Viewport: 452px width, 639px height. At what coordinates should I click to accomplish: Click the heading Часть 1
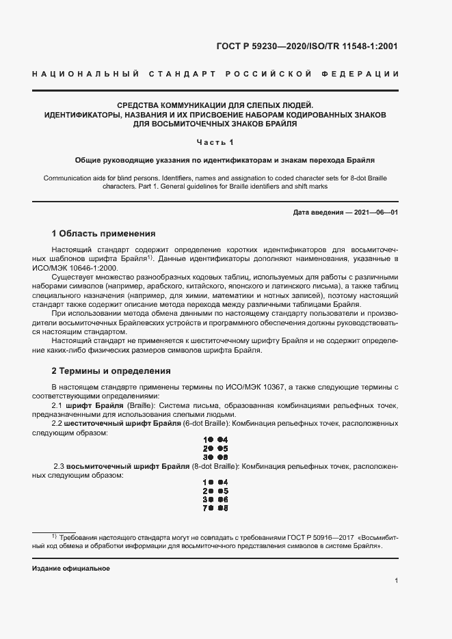pyautogui.click(x=215, y=142)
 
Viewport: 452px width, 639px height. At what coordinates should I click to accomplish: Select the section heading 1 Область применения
pyautogui.click(x=104, y=233)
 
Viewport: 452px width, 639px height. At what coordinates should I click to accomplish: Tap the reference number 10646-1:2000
pyautogui.click(x=96, y=268)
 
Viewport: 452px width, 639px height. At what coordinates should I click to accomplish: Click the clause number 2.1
pyautogui.click(x=57, y=405)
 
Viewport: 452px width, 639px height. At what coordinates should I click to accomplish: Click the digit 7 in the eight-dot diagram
pyautogui.click(x=205, y=508)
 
